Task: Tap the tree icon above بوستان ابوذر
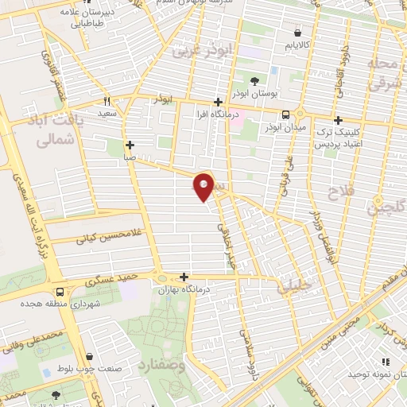[254, 81]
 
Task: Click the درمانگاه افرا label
[218, 115]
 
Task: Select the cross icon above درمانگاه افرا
[218, 103]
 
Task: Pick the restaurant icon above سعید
[107, 102]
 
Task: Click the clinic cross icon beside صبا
[130, 145]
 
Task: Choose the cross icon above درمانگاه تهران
[184, 277]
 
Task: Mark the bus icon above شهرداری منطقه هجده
[60, 292]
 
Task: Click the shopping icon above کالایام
[297, 33]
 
